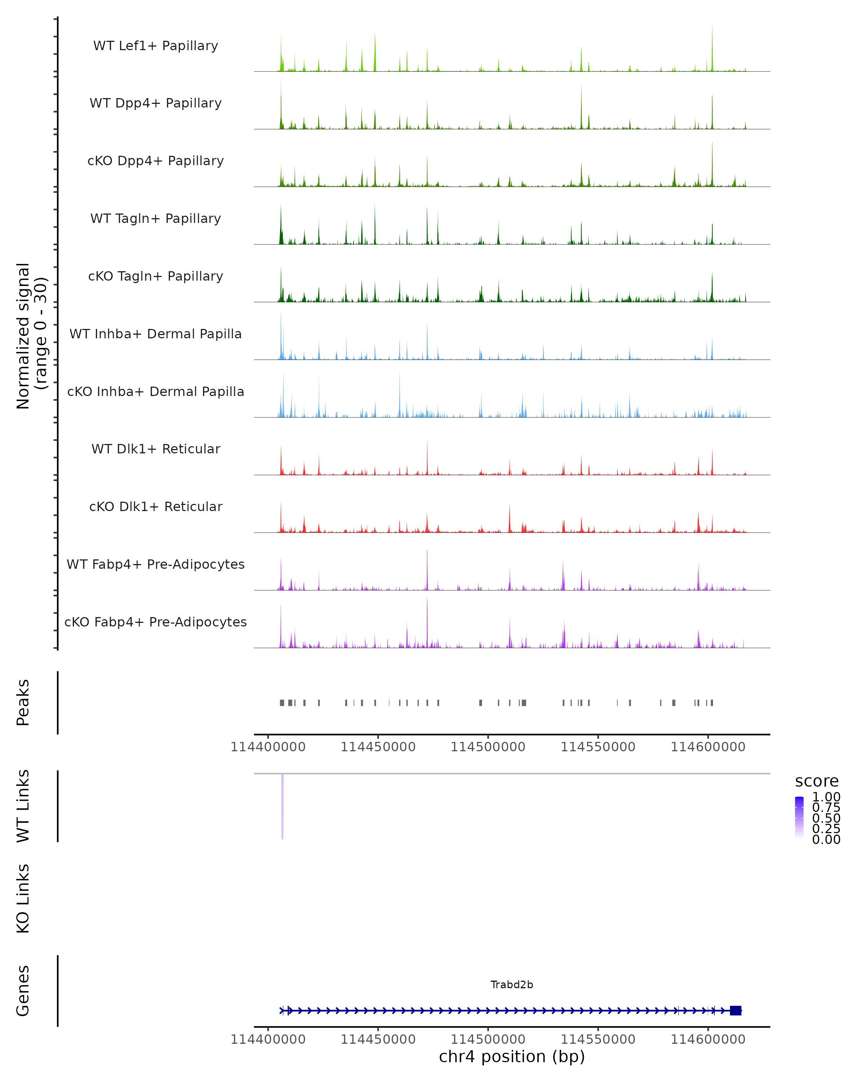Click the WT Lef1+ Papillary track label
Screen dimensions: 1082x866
(x=156, y=46)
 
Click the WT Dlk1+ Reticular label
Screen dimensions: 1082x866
(x=156, y=449)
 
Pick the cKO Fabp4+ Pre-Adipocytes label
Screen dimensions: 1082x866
(x=156, y=622)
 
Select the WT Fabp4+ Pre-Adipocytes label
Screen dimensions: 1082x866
(x=156, y=564)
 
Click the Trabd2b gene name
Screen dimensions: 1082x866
(x=512, y=985)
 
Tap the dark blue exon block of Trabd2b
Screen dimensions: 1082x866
(x=735, y=1010)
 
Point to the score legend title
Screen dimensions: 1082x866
(x=817, y=782)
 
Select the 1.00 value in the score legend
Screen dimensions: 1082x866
(x=826, y=797)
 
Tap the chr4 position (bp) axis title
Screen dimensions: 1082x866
(x=512, y=1056)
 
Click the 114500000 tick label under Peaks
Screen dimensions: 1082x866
(x=488, y=747)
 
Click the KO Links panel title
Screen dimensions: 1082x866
(x=23, y=898)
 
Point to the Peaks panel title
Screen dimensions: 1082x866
(x=23, y=702)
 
